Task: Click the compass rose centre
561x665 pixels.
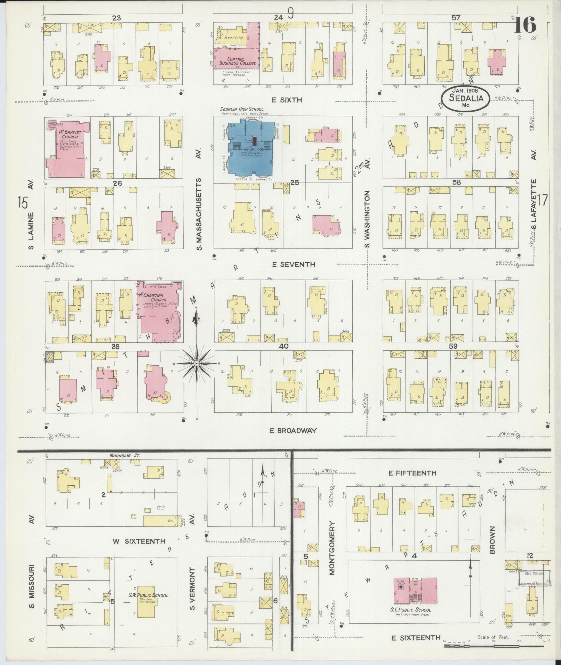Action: point(197,363)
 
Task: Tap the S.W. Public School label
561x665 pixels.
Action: point(148,595)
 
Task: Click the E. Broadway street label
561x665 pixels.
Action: point(294,430)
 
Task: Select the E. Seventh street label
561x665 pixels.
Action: point(294,265)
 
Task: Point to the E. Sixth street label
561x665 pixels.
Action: point(287,100)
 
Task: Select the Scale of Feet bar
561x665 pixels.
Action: point(494,646)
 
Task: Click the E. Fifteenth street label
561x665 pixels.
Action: point(412,473)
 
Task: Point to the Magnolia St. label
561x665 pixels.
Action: point(124,455)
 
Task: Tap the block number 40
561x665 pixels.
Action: point(283,346)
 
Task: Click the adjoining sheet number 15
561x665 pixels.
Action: point(23,202)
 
